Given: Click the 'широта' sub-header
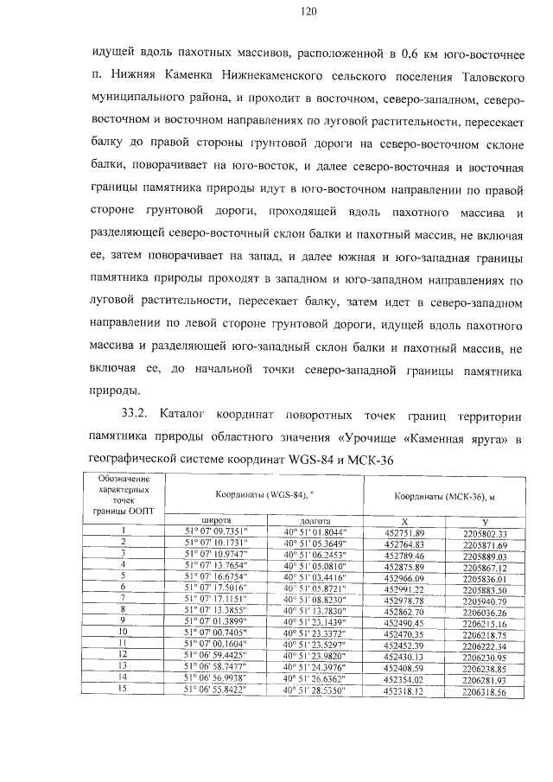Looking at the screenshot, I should coord(215,521).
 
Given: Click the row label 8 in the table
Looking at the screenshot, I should coord(124,611).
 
